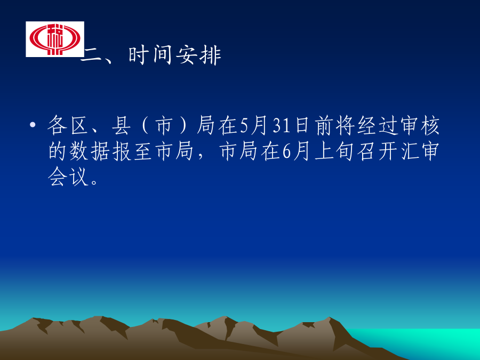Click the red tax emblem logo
coord(55,39)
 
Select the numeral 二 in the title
coord(91,56)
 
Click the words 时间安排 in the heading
coord(175,55)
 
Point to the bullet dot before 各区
coord(33,125)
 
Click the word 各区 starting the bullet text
coord(68,125)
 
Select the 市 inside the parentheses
coord(164,125)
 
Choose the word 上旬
coord(334,151)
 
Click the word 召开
coord(377,151)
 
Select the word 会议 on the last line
coord(68,177)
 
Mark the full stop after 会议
coord(94,182)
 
